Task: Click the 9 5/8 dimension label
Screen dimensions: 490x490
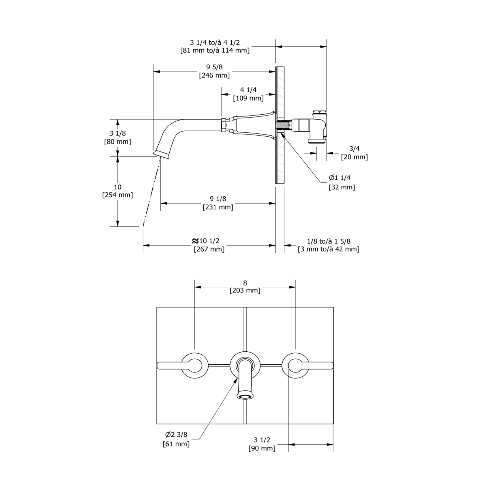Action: (x=214, y=67)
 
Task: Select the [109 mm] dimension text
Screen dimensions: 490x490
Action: (x=248, y=98)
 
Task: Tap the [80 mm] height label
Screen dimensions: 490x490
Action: (x=117, y=142)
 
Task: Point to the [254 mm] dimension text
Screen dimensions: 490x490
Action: (x=117, y=195)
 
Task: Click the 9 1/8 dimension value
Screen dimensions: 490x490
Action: (x=218, y=199)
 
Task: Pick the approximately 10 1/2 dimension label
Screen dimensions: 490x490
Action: (x=206, y=241)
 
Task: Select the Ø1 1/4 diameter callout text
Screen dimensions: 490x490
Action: (x=340, y=178)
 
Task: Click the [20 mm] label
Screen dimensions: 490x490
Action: (x=354, y=157)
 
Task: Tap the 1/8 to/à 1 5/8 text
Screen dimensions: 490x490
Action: (x=329, y=241)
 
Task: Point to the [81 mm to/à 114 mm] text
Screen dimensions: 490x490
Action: (x=215, y=50)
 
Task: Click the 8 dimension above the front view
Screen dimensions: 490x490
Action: (x=245, y=283)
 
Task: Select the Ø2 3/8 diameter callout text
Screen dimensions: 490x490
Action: (x=176, y=435)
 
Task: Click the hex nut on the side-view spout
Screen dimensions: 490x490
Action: (x=224, y=125)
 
